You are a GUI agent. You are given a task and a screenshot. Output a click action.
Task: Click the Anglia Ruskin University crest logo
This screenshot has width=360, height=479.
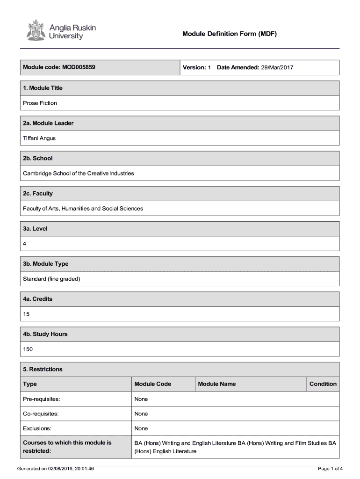(x=34, y=30)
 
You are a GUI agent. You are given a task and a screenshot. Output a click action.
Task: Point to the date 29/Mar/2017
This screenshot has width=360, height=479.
(x=277, y=67)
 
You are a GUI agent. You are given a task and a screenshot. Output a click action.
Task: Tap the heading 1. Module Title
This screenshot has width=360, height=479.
(x=43, y=88)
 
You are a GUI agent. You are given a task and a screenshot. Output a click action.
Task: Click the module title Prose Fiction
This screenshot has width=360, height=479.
(x=40, y=103)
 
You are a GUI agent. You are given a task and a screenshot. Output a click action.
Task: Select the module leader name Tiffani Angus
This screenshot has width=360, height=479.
(x=39, y=138)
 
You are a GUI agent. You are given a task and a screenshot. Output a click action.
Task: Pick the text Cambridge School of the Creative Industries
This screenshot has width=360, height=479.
(x=79, y=173)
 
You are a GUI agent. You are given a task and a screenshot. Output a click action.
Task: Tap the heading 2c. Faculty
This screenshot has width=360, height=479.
(x=38, y=193)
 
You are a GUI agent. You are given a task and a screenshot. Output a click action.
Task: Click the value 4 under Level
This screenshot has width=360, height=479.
(x=25, y=244)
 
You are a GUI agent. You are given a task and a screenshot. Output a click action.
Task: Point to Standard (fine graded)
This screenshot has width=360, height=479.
(x=52, y=279)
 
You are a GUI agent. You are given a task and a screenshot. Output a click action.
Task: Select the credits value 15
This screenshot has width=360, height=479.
(x=26, y=314)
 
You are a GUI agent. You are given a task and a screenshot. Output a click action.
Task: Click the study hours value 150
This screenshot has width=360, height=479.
(x=28, y=349)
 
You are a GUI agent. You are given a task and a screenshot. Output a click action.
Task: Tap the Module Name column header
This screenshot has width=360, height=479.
(x=217, y=384)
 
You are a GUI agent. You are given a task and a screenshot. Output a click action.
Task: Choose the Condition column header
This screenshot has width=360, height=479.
(x=323, y=384)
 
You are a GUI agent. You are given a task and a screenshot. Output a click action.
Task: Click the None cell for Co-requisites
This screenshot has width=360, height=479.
(x=141, y=414)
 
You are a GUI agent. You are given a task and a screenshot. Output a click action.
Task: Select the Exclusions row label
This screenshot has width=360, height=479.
(x=37, y=428)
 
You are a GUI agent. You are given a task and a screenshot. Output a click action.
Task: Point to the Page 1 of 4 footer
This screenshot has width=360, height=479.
(x=330, y=468)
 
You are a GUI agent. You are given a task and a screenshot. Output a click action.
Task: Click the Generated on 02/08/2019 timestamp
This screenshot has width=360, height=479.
(x=55, y=468)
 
